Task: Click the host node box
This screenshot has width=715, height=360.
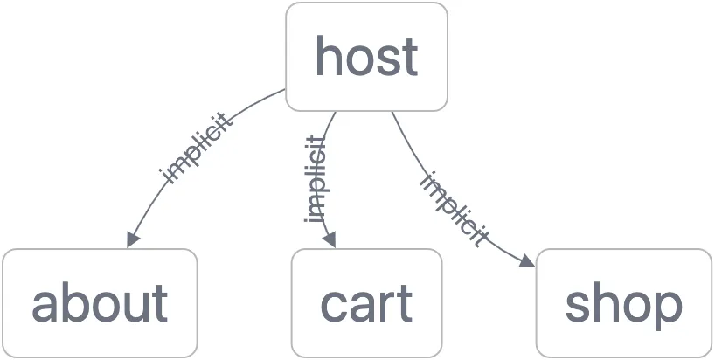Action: coord(366,57)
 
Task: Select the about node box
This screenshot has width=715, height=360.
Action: coord(100,303)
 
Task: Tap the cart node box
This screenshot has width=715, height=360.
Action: coord(366,303)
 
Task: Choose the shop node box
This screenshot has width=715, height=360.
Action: coord(623,303)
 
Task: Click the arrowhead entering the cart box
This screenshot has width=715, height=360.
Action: coord(330,240)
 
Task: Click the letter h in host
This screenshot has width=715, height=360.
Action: coord(328,56)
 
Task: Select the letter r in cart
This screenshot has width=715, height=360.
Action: coord(388,306)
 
